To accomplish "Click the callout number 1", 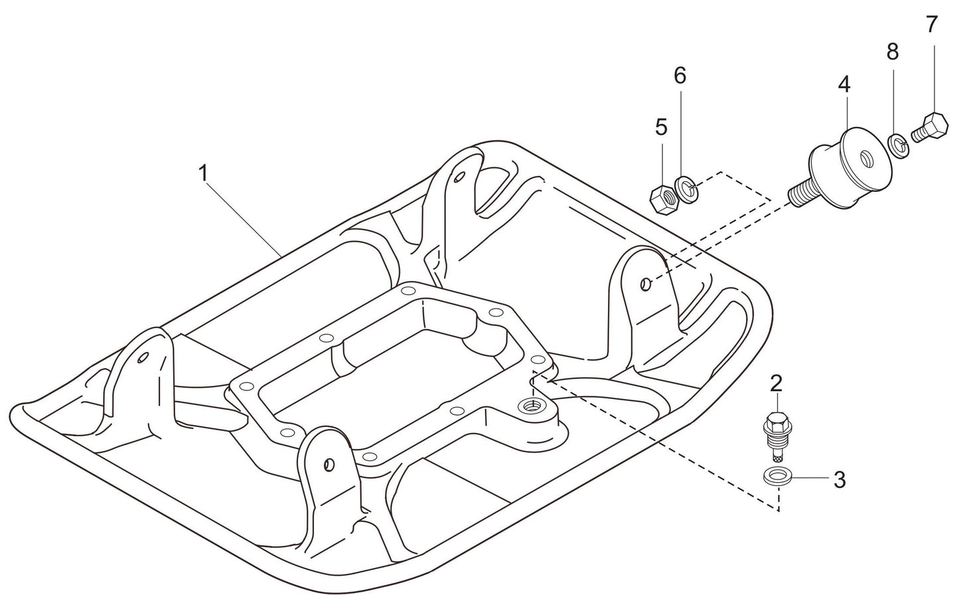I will pos(203,173).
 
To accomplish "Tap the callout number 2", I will pos(776,383).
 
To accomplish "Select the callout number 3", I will pos(839,479).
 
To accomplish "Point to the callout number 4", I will pos(844,84).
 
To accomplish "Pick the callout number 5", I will pos(661,127).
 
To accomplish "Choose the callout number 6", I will pos(680,76).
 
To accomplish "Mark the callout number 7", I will pos(932,25).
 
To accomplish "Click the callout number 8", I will pos(893,51).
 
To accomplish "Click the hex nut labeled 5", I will pos(662,198).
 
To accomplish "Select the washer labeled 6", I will pos(686,188).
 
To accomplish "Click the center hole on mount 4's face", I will pos(866,158).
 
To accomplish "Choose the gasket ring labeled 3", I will pos(776,475).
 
